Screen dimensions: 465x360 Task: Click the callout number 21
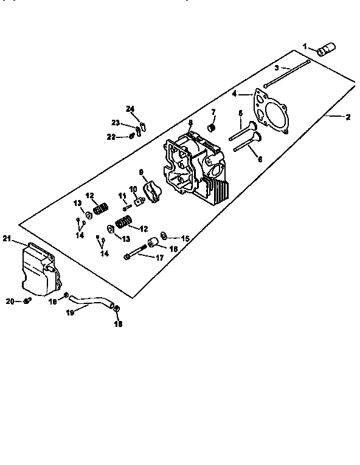tap(7, 237)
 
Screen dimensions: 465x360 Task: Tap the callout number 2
tap(347, 117)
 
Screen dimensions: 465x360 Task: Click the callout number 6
tap(260, 159)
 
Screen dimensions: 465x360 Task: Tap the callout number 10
tap(133, 189)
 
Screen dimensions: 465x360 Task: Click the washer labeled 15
tap(164, 235)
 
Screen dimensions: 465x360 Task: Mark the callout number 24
tap(130, 109)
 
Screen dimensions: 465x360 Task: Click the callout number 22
tap(111, 137)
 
